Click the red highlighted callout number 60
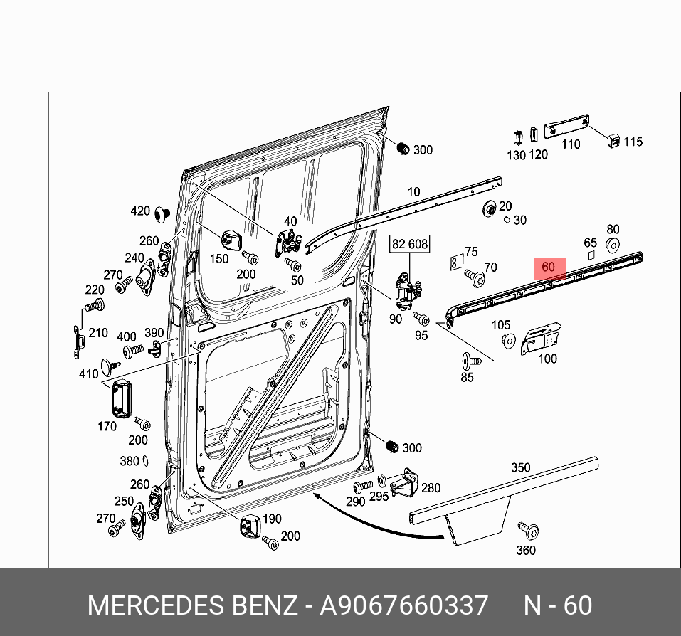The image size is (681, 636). [549, 268]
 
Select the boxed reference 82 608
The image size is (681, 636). [410, 244]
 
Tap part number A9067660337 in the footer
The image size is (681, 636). [403, 605]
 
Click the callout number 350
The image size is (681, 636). [520, 468]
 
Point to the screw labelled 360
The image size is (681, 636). [528, 530]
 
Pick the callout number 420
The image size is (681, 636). [140, 211]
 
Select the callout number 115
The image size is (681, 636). [633, 142]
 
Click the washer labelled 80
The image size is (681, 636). [611, 246]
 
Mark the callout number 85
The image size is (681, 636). [467, 377]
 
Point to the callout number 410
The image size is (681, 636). [88, 374]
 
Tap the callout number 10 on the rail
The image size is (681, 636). [413, 192]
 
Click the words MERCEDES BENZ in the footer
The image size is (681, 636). [192, 605]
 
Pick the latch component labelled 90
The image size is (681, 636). [406, 292]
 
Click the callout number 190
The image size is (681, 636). [272, 519]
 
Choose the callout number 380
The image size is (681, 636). [129, 461]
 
